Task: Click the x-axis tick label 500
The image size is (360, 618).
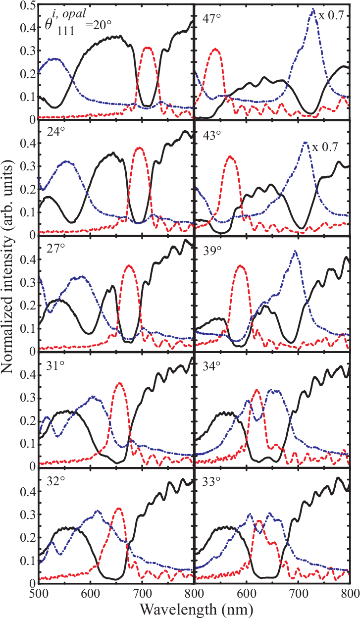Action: point(39,593)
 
